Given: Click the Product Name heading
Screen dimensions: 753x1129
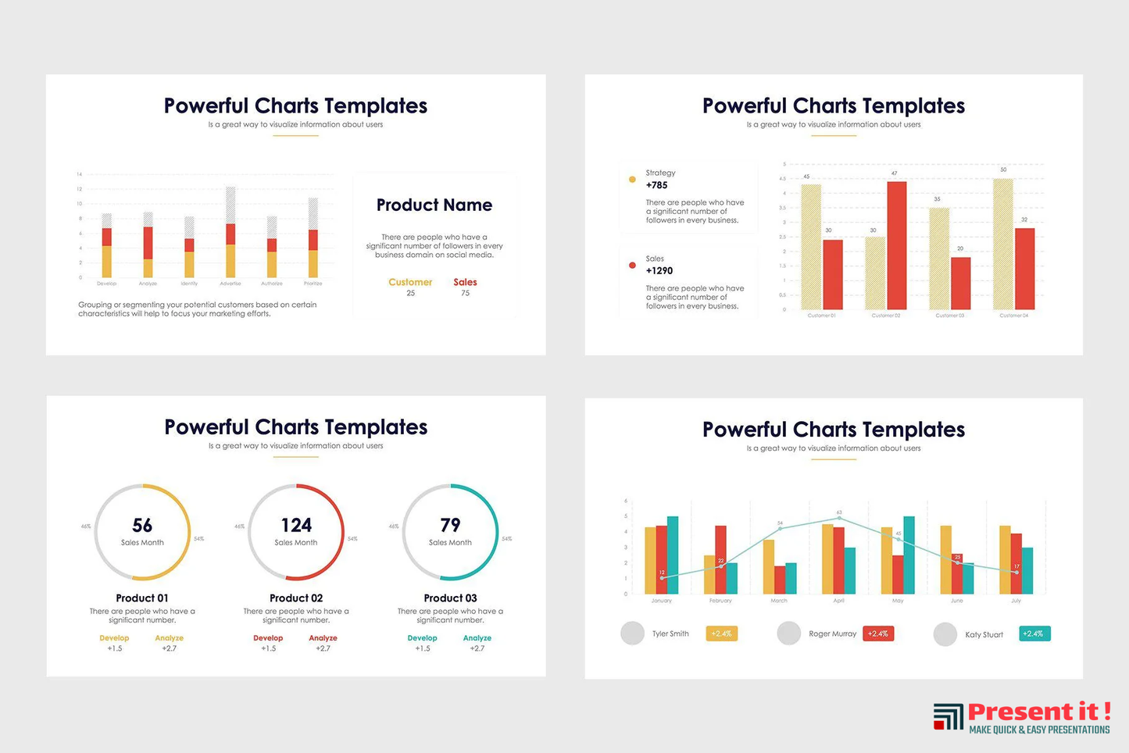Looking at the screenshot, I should [434, 205].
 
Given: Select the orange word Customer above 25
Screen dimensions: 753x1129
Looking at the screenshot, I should [410, 282].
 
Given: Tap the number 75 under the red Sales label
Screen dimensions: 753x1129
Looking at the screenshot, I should [465, 294].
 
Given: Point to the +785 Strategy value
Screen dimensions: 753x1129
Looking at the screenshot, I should [656, 185].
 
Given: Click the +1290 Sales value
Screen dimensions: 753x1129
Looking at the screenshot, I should [659, 271].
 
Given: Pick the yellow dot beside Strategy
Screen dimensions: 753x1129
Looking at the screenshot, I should [632, 180].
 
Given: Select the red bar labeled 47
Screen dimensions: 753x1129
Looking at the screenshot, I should [896, 245].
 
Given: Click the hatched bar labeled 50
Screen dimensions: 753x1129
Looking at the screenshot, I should [1002, 244].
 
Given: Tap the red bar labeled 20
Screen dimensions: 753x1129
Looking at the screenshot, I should [960, 283].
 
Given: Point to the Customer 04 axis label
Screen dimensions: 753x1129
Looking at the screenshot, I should [1013, 316].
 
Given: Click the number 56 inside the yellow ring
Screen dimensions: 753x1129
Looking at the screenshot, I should [142, 526].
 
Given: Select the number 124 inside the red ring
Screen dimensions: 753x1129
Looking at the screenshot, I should [296, 526].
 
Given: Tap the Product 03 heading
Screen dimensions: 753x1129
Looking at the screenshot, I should [450, 598].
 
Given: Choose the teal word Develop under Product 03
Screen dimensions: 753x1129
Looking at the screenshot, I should [422, 638].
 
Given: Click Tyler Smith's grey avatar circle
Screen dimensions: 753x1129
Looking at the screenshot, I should [632, 633].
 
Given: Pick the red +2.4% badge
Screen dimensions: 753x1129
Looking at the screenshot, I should [877, 633].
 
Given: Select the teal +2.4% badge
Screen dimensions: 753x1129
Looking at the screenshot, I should [1034, 633].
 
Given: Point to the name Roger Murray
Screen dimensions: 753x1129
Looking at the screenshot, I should [832, 634].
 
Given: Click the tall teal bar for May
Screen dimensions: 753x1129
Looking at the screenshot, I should [909, 555].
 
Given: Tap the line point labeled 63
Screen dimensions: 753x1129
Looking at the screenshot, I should [839, 518].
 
